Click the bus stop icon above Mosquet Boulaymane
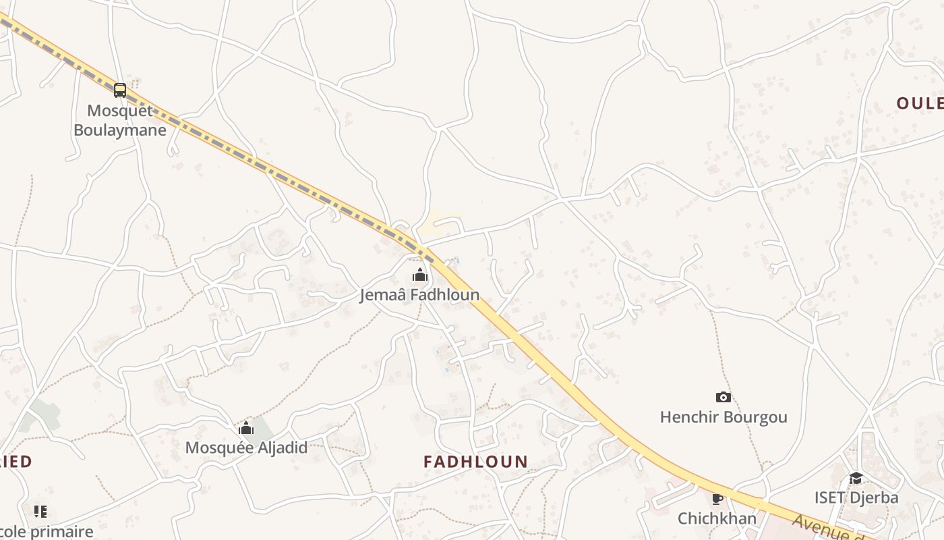(x=120, y=90)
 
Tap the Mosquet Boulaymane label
(x=120, y=120)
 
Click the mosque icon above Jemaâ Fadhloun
(x=419, y=275)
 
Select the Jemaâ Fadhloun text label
(x=419, y=295)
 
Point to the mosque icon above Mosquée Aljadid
(x=246, y=428)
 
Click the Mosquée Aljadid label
(x=246, y=448)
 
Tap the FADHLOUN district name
(x=475, y=462)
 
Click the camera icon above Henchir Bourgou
(x=724, y=398)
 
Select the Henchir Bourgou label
(x=724, y=417)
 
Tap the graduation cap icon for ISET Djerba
(x=856, y=479)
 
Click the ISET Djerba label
(x=856, y=498)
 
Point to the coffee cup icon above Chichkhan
(x=717, y=500)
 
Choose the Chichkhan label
(x=717, y=518)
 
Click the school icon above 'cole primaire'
(x=40, y=512)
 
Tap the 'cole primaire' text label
(x=47, y=531)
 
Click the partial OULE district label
(x=920, y=103)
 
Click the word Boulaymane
(x=120, y=130)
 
